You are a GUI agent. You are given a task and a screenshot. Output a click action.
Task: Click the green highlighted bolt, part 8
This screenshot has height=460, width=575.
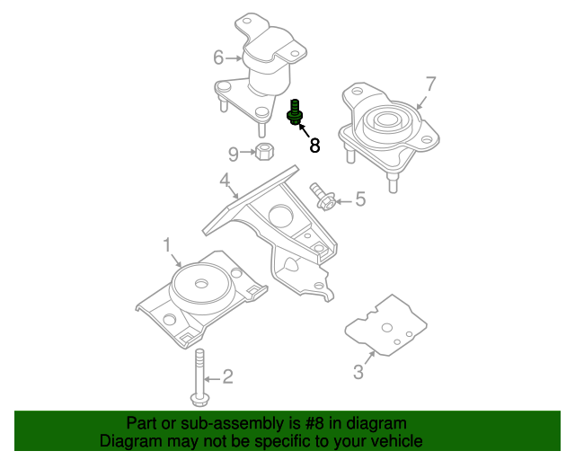tap(295, 113)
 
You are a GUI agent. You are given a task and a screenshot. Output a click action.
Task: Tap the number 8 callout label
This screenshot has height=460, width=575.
tap(314, 146)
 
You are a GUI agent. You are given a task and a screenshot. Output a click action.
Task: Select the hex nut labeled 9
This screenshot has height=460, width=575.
tap(264, 152)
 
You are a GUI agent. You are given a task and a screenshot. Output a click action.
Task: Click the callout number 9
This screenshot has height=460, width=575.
tap(234, 153)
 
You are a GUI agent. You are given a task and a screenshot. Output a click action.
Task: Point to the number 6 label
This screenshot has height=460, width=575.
tap(218, 58)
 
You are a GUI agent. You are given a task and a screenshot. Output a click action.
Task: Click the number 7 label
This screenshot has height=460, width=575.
tap(430, 84)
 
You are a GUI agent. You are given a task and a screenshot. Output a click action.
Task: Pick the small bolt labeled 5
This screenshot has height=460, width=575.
tap(323, 197)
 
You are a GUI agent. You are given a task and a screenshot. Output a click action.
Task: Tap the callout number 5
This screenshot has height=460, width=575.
tap(360, 199)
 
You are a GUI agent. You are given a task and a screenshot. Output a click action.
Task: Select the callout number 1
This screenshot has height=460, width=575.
tap(166, 244)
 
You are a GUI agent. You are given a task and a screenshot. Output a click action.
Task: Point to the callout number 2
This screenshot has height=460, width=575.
tap(227, 376)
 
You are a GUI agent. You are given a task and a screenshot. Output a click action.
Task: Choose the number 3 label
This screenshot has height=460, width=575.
tap(358, 371)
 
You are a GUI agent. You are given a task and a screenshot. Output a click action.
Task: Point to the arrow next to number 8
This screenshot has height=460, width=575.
tap(303, 130)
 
